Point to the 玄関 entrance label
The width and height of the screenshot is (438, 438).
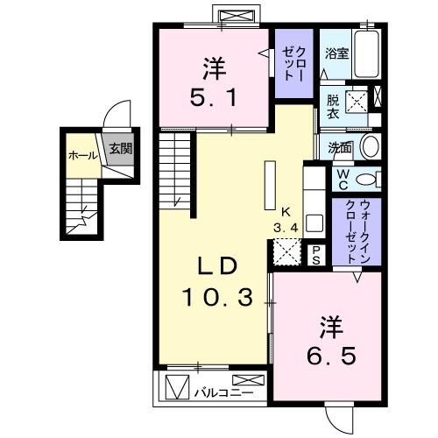coord(120,149)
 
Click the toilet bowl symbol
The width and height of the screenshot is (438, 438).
coord(370,179)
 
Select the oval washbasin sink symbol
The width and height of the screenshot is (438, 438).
coord(370,146)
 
